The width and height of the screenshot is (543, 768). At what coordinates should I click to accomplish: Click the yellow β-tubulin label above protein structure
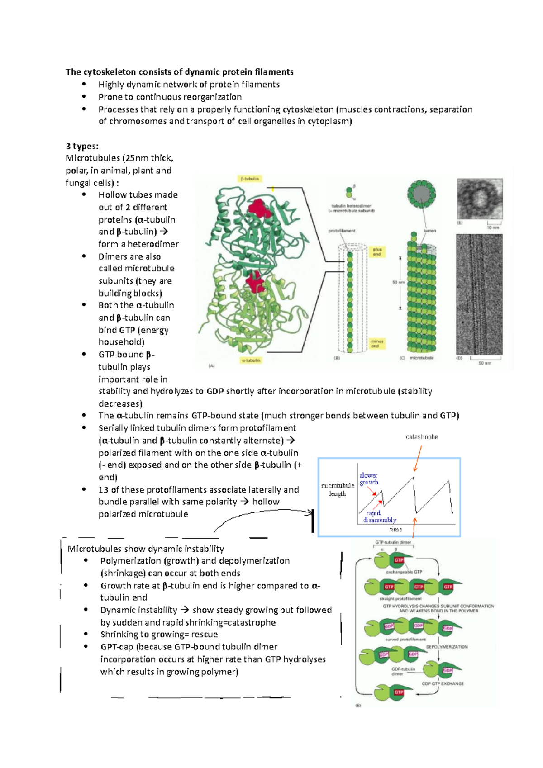pos(250,179)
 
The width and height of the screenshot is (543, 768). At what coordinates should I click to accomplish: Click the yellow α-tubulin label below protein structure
pos(251,360)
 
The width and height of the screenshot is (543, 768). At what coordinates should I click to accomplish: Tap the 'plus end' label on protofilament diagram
pos(377,251)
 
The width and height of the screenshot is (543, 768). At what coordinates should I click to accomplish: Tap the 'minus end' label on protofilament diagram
pos(377,344)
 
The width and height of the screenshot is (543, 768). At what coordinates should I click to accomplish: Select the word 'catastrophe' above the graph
pos(422,437)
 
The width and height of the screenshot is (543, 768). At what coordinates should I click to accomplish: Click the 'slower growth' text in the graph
pos(369,479)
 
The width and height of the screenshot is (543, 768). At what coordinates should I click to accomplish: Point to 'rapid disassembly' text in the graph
pos(379,517)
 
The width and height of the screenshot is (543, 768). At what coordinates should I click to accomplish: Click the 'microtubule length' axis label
pos(338,489)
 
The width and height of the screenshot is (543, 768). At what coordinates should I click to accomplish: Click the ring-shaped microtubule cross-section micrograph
pos(480,199)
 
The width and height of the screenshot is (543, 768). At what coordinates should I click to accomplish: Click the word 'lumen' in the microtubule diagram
pos(429,231)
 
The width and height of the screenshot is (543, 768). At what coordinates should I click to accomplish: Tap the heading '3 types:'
pos(82,146)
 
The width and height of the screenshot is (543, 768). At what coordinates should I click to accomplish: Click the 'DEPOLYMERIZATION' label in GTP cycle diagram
pos(447,647)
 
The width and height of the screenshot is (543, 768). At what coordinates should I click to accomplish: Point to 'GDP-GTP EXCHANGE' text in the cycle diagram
pos(443,683)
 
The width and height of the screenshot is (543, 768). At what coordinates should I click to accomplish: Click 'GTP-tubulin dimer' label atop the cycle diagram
pos(393,542)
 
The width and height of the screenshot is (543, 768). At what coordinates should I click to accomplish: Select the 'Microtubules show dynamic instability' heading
pos(146,549)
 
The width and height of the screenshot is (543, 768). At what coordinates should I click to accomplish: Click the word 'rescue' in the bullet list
pos(204,634)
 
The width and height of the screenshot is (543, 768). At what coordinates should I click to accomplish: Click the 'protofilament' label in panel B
pos(342,231)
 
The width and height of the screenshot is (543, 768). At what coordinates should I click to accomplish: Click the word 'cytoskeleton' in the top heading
pos(109,72)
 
